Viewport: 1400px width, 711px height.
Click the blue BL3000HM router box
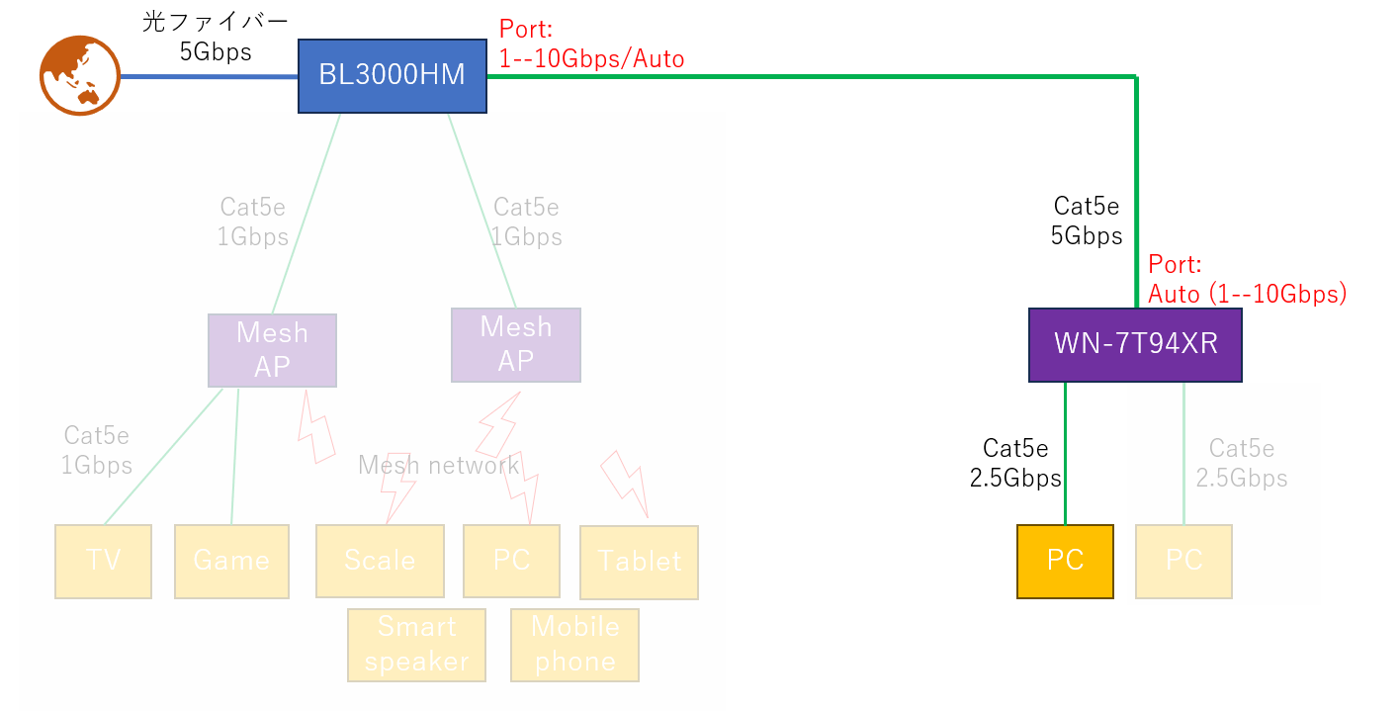click(393, 76)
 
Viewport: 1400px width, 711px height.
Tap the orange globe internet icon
click(79, 75)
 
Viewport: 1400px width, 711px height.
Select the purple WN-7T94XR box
click(1135, 344)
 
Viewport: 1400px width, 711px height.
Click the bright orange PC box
click(1065, 561)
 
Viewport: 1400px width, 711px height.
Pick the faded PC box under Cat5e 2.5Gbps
click(1183, 561)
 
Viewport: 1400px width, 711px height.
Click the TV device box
click(103, 561)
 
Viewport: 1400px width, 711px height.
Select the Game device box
click(231, 561)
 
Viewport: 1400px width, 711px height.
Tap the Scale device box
click(380, 561)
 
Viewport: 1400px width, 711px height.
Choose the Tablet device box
click(639, 562)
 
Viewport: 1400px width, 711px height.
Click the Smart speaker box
click(416, 645)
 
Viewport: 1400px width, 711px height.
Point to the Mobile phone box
click(574, 645)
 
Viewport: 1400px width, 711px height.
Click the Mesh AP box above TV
click(272, 350)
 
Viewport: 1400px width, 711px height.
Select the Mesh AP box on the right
click(515, 344)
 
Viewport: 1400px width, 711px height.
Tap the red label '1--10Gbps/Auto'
click(591, 59)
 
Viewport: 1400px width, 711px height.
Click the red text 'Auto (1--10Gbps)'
click(1247, 294)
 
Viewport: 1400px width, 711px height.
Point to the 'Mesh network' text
click(438, 465)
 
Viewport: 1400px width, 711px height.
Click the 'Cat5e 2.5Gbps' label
click(1241, 464)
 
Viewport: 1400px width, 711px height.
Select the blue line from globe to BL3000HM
click(209, 76)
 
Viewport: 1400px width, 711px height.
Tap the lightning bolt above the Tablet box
click(624, 484)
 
